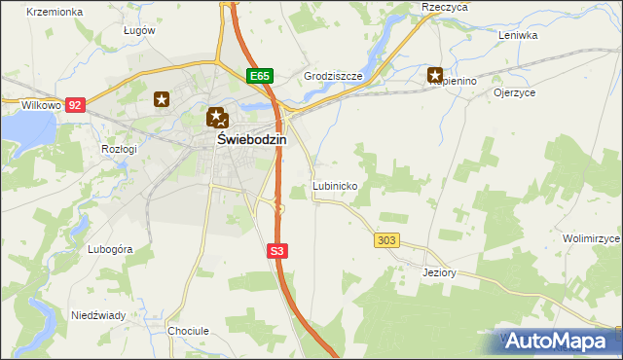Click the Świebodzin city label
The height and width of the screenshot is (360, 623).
click(250, 140)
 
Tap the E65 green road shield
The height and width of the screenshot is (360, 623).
click(258, 76)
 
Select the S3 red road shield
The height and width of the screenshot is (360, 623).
click(277, 251)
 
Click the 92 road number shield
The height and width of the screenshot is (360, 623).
click(77, 104)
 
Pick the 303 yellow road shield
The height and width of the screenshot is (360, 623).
click(386, 239)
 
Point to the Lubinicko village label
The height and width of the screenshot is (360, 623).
click(336, 185)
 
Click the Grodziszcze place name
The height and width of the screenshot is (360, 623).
click(333, 75)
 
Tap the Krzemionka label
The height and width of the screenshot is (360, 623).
click(53, 12)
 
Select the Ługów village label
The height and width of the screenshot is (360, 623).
click(139, 30)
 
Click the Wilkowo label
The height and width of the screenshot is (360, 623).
click(42, 104)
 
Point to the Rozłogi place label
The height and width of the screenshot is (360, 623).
click(119, 149)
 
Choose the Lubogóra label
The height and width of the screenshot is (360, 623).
click(109, 249)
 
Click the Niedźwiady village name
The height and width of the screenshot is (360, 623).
click(98, 315)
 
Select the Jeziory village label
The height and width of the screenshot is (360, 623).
click(439, 272)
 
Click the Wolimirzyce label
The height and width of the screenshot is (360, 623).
click(591, 238)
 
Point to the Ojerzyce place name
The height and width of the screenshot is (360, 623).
click(515, 93)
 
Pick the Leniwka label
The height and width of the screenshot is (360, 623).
click(518, 35)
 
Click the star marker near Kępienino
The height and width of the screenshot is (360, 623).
click(435, 74)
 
